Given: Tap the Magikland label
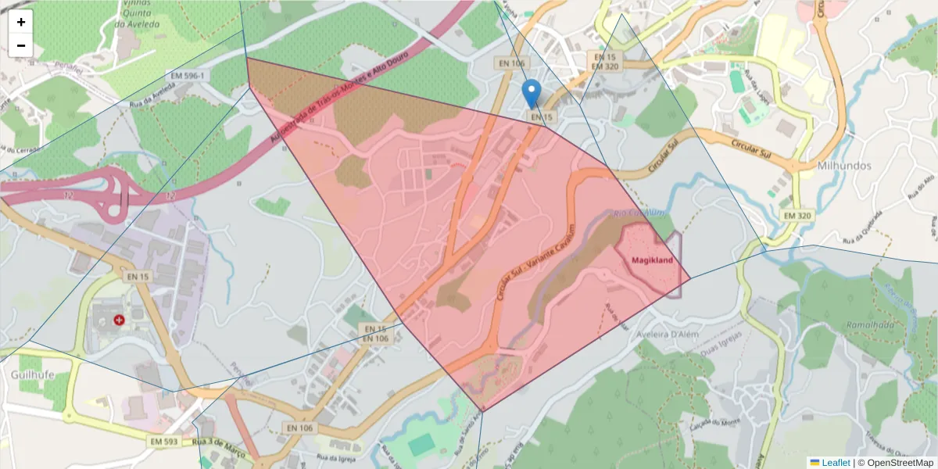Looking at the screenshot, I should pos(647,259).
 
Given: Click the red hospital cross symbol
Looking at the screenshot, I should pos(119,320).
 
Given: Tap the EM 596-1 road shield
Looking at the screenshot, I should pos(188,76).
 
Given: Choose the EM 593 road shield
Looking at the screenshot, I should pos(163,442).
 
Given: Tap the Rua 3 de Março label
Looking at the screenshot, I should pos(220,449).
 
